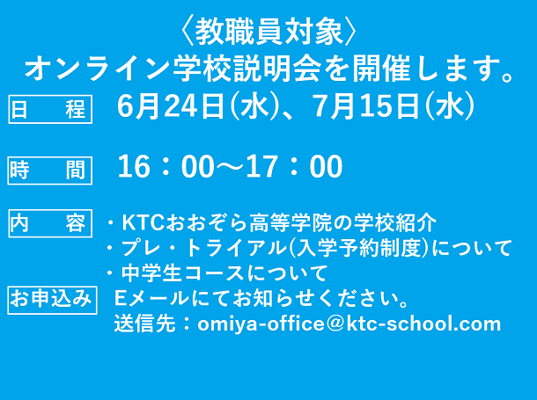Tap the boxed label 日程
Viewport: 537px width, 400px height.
click(50, 109)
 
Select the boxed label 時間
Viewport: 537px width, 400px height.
click(50, 171)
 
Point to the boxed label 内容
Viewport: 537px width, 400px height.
click(50, 223)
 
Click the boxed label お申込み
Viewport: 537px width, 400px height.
click(52, 300)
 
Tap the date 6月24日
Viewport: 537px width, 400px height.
click(172, 106)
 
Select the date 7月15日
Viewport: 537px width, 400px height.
click(366, 106)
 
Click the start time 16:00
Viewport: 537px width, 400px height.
click(166, 166)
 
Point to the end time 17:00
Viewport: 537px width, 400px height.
click(295, 166)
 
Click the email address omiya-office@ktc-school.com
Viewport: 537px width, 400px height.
click(349, 324)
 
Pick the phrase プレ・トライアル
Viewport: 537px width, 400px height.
click(202, 248)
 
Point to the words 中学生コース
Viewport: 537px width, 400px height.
click(182, 273)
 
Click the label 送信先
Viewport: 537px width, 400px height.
click(144, 324)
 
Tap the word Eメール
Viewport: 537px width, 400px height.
click(151, 299)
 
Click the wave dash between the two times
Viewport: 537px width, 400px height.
click(231, 166)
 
